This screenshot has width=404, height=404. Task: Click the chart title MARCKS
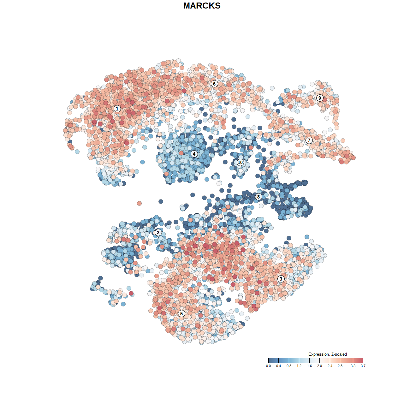[x=202, y=6]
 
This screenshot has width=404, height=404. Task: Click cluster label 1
[x=117, y=109]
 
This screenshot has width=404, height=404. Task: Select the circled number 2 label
[x=158, y=233]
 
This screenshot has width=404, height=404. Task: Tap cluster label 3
[x=281, y=279]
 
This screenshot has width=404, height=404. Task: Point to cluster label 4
[x=194, y=154]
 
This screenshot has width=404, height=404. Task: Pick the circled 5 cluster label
[x=181, y=313]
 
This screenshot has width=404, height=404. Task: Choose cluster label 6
[x=214, y=84]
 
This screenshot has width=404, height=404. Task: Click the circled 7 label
[x=309, y=140]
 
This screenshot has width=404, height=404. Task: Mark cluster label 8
[x=258, y=197]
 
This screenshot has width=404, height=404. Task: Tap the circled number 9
[x=320, y=98]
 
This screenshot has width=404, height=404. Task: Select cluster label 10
[x=240, y=162]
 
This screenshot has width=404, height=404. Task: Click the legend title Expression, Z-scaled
[x=328, y=354]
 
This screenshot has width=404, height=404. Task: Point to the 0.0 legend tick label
[x=268, y=366]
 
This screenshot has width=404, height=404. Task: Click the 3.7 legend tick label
[x=363, y=366]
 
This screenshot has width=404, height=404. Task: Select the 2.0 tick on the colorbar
[x=319, y=366]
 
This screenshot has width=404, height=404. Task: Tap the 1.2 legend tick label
[x=299, y=366]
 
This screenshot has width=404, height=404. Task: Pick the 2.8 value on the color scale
[x=340, y=366]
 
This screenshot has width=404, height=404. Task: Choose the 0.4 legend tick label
[x=278, y=366]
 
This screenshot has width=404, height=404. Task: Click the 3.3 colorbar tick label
[x=353, y=366]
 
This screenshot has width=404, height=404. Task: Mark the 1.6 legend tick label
[x=309, y=366]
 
